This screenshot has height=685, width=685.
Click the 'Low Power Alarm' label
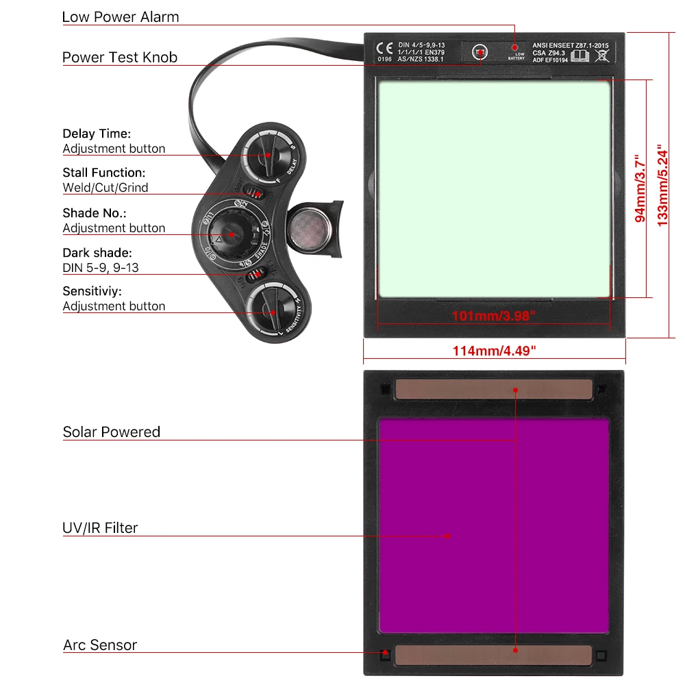click(x=121, y=17)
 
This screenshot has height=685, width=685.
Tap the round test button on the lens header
click(x=481, y=53)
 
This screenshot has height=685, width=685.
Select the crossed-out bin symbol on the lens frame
click(x=602, y=55)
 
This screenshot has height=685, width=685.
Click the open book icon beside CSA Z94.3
click(x=580, y=55)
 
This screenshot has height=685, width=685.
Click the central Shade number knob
click(x=232, y=234)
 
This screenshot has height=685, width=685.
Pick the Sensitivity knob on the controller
click(x=272, y=312)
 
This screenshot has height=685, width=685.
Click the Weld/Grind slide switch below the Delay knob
click(x=256, y=193)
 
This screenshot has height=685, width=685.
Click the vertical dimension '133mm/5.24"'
click(x=662, y=185)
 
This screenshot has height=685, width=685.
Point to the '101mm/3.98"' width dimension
click(x=494, y=316)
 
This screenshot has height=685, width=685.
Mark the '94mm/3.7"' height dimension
click(x=640, y=188)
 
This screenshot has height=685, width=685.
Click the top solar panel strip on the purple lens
click(x=493, y=389)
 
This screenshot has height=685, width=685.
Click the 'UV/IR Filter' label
click(x=100, y=528)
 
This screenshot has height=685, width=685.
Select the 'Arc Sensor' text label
click(x=100, y=645)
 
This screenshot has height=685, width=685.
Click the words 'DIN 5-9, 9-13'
click(x=101, y=268)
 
